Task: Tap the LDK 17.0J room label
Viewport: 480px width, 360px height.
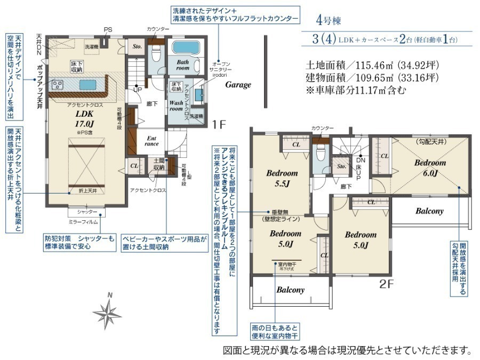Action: [85, 118]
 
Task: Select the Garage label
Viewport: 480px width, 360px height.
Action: [238, 85]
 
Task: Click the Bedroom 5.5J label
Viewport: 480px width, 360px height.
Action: [282, 179]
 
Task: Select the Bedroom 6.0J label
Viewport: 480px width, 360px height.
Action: [430, 167]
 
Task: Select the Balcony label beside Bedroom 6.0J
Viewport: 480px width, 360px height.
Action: [429, 211]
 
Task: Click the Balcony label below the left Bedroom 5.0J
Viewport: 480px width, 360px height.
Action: [290, 290]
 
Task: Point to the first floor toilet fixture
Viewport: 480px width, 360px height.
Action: [156, 54]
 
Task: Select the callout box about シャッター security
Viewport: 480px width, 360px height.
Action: [79, 243]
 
